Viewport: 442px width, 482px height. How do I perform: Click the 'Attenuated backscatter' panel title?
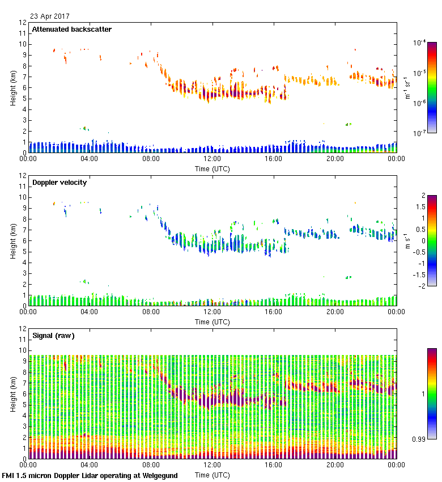pos(72,29)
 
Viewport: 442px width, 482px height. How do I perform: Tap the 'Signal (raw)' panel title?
pos(53,336)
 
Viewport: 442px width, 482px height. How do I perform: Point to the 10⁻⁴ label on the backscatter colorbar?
pos(420,43)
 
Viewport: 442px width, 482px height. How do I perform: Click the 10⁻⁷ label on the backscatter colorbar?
pos(420,133)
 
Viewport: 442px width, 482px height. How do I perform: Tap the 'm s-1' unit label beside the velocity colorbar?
pos(406,240)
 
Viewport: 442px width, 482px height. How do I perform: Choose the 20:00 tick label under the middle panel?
pos(335,312)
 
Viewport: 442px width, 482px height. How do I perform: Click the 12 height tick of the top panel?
pos(23,23)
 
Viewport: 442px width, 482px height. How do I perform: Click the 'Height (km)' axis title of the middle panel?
pos(12,241)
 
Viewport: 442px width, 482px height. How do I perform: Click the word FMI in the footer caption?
pos(9,476)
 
